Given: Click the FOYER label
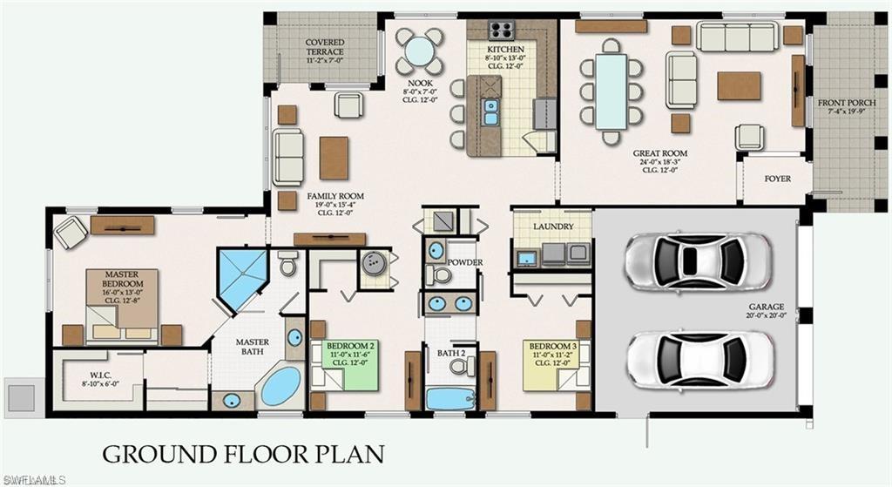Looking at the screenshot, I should [x=777, y=179].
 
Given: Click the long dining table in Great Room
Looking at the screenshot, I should [x=612, y=91].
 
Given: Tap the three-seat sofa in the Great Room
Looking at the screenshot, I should [x=737, y=37].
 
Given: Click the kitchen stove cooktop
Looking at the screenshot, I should [x=501, y=30].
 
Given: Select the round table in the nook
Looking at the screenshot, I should [x=420, y=51].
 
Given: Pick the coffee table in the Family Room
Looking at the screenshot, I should [x=334, y=158].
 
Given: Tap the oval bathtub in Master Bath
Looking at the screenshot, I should [x=280, y=386].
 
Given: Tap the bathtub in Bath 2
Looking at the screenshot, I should [x=449, y=398].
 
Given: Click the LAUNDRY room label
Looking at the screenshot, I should [x=553, y=227].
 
